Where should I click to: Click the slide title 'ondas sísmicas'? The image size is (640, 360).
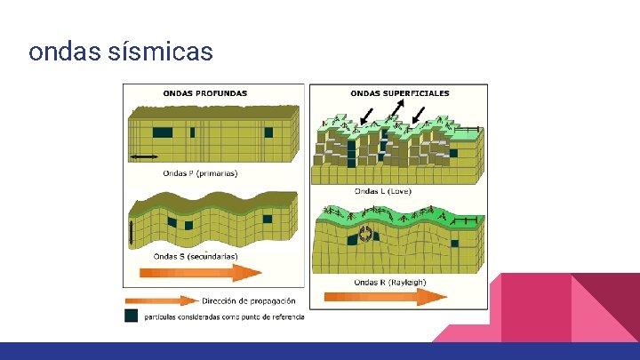(121, 52)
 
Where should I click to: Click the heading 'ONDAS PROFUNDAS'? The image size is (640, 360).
(205, 92)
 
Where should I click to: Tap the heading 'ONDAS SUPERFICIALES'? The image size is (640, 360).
(400, 92)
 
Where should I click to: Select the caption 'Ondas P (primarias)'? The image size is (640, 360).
(200, 173)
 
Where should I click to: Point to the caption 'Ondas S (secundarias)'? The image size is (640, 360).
(196, 257)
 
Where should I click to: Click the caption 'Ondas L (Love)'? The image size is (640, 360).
(382, 191)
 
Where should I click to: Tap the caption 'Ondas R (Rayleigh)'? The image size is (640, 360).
(390, 283)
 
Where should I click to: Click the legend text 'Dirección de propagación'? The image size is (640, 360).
(249, 300)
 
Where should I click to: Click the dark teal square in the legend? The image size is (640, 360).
(132, 316)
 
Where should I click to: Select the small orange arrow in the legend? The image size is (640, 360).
(160, 300)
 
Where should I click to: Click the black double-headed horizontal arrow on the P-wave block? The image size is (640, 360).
(144, 157)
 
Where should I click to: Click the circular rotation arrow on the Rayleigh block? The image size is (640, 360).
(364, 235)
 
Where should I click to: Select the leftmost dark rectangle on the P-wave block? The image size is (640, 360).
(163, 132)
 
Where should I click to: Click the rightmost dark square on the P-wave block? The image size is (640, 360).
(268, 132)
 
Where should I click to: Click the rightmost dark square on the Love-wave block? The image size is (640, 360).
(454, 153)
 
